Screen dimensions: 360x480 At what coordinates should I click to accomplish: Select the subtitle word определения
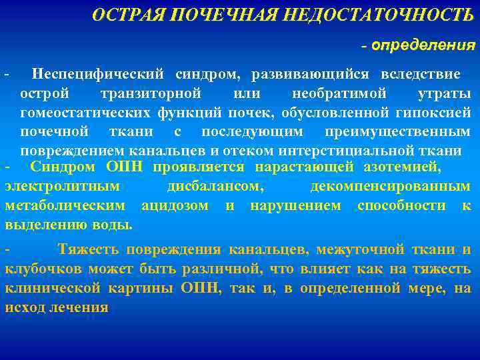coord(423,45)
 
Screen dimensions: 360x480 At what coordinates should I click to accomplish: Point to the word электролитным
coord(63,187)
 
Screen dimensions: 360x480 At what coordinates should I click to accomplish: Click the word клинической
coord(53,289)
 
